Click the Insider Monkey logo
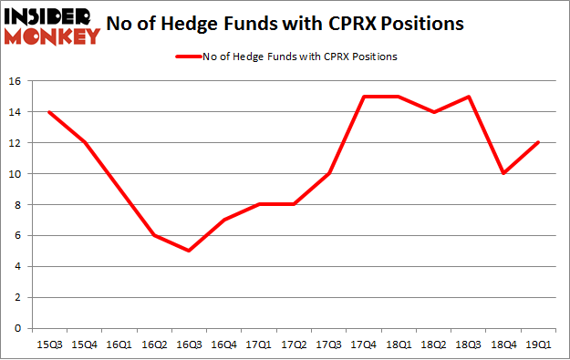52,26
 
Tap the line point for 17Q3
330,174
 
